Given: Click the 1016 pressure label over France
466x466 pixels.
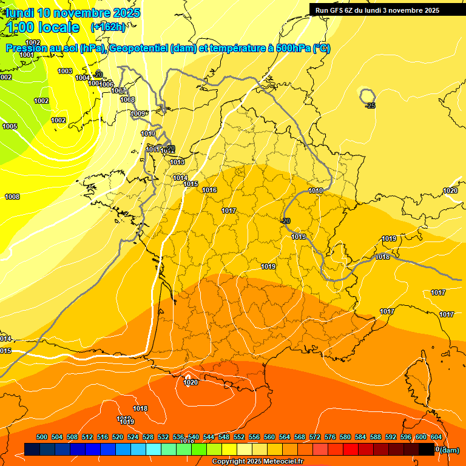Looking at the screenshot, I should (209, 191).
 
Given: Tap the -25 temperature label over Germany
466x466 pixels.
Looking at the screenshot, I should (370, 106).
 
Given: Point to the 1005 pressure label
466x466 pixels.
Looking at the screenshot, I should (10, 126).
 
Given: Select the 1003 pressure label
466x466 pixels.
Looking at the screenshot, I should (65, 71).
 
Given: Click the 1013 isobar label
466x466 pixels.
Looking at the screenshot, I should (177, 163).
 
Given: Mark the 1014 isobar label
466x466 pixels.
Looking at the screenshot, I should (180, 178).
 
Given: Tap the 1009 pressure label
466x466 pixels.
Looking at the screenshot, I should (138, 113).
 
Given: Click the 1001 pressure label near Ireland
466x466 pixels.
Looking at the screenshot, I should (27, 55).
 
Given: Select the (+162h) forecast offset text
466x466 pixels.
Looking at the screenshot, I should (108, 27).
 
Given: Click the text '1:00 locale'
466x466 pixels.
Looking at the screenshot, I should (43, 27).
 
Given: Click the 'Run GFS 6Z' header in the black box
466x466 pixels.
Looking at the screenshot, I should (340, 10).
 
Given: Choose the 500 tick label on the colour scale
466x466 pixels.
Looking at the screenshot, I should (42, 437).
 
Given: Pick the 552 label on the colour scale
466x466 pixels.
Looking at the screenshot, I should (239, 437).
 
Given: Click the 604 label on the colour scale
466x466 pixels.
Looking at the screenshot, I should (436, 437).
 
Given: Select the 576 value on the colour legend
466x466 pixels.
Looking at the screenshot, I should (330, 437).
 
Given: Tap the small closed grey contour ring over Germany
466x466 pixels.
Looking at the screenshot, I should (367, 95).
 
